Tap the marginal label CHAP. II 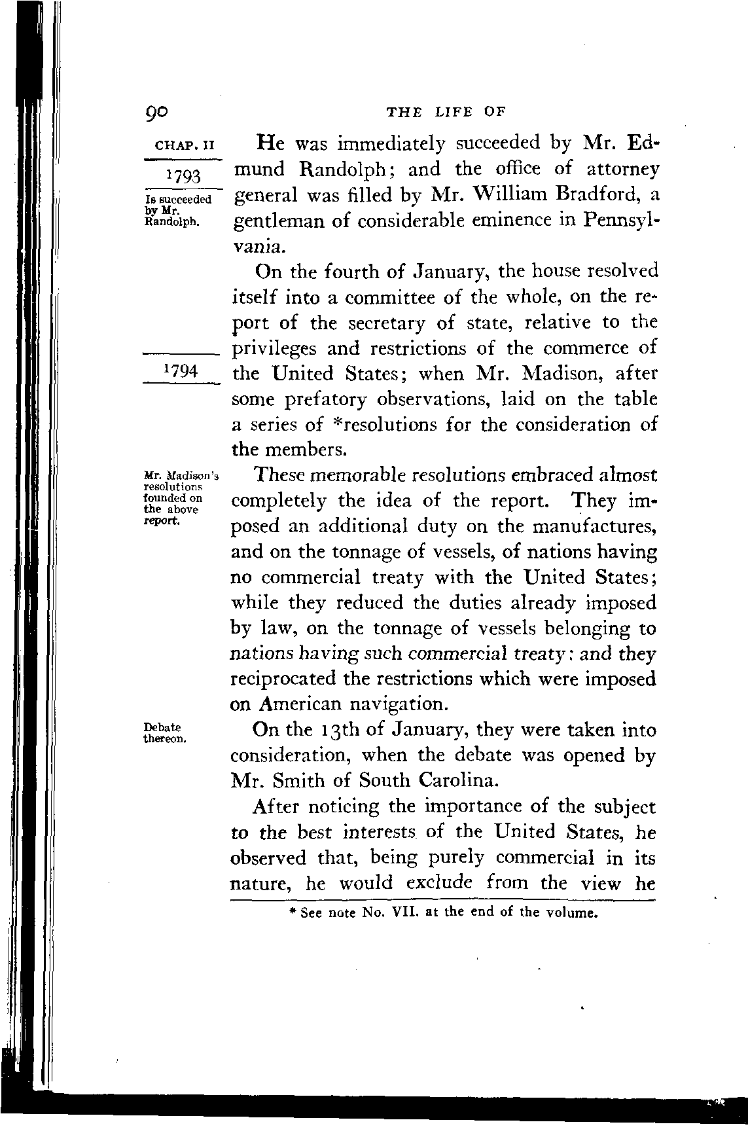pos(181,144)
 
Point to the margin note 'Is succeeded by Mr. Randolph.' pos(177,209)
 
